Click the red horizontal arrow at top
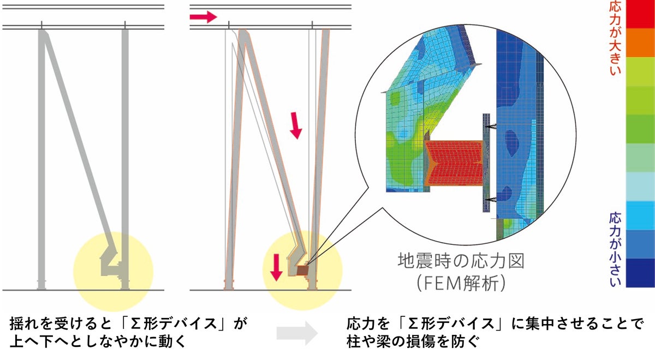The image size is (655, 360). point(203,17)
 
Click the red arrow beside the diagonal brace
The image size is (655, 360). point(295,125)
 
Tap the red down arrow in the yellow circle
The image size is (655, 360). point(277,267)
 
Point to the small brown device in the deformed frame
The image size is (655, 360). point(302,270)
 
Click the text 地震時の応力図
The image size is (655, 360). point(461,260)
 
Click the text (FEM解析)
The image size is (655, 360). point(461,283)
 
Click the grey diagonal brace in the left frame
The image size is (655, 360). point(76,136)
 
